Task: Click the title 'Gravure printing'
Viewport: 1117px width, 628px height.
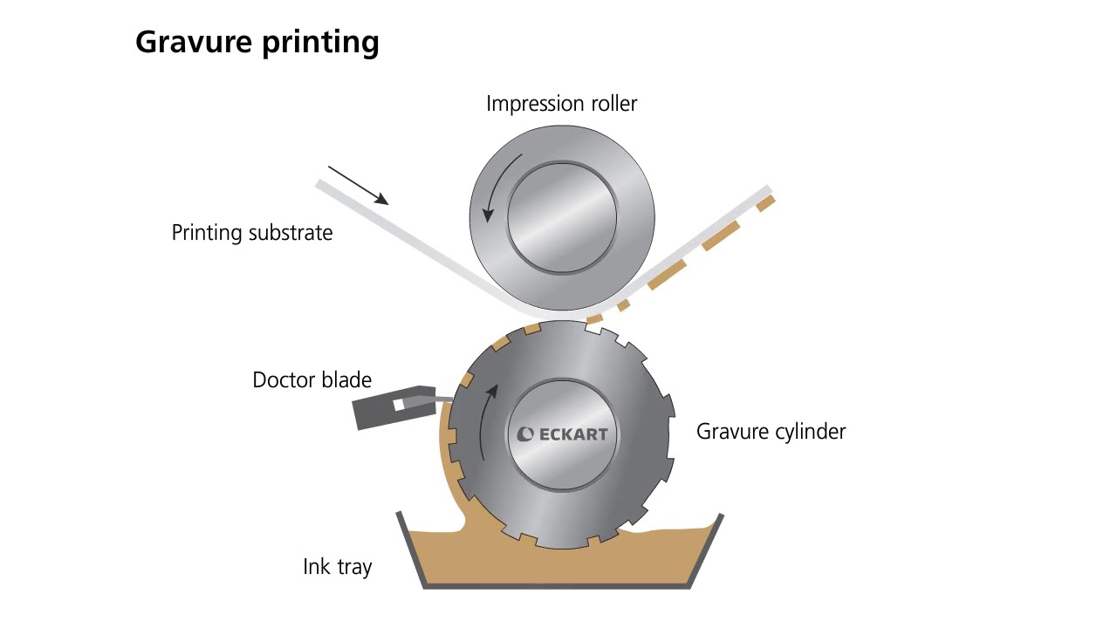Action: [x=257, y=42]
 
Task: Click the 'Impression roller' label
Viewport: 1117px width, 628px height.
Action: [x=561, y=104]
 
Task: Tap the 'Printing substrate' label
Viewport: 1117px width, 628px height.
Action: [x=251, y=233]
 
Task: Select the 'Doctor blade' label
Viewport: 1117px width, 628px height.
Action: [x=312, y=380]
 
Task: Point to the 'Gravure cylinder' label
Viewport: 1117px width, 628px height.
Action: [x=771, y=431]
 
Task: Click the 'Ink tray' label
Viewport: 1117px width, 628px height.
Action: [x=337, y=567]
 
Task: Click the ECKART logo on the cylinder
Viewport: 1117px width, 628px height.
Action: [x=562, y=434]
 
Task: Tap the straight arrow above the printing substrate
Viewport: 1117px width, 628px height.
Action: [x=358, y=185]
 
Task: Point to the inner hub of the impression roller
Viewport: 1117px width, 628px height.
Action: [x=562, y=216]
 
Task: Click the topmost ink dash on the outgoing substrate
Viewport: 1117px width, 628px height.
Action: [x=765, y=203]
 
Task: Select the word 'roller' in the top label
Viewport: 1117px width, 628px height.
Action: [x=612, y=104]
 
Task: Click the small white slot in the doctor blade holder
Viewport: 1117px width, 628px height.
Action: [x=399, y=405]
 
